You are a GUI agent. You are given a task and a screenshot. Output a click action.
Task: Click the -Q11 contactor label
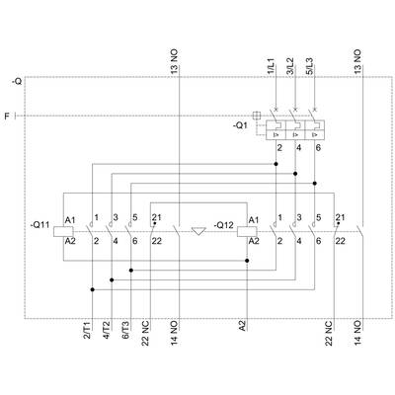coord(39,225)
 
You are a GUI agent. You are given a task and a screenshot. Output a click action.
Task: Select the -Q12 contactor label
coord(223,225)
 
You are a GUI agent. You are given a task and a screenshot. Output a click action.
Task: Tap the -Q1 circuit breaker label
coord(240,125)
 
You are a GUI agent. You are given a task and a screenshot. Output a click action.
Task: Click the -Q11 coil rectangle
coord(63,231)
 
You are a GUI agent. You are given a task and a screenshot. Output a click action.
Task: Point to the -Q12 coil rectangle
coord(247,231)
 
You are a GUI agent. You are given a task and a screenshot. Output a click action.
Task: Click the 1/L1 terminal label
coord(271,66)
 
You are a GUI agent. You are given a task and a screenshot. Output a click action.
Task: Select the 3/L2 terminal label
coord(290,66)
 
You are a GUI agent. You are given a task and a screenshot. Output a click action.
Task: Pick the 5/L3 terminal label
coord(309,66)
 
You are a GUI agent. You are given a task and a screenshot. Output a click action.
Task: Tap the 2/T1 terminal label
coord(88,331)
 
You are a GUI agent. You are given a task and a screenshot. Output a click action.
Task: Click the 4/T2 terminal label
coord(107,331)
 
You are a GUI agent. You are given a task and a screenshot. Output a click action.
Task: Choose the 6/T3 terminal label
coord(126,331)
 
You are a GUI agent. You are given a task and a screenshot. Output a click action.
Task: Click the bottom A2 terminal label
coord(242,327)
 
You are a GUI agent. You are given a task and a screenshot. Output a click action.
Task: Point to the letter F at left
coord(7,116)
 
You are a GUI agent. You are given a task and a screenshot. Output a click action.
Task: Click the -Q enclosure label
coord(17,81)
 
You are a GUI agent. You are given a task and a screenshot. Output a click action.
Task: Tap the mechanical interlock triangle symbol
coord(198,231)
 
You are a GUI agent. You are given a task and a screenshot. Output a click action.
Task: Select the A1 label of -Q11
coord(70,220)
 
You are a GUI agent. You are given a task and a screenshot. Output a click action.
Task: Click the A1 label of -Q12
coord(254,220)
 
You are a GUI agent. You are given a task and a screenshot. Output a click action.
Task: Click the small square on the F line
coord(257,116)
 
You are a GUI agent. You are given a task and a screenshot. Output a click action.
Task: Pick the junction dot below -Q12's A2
coord(247,261)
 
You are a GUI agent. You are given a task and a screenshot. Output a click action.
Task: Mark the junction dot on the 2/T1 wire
coord(93,289)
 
